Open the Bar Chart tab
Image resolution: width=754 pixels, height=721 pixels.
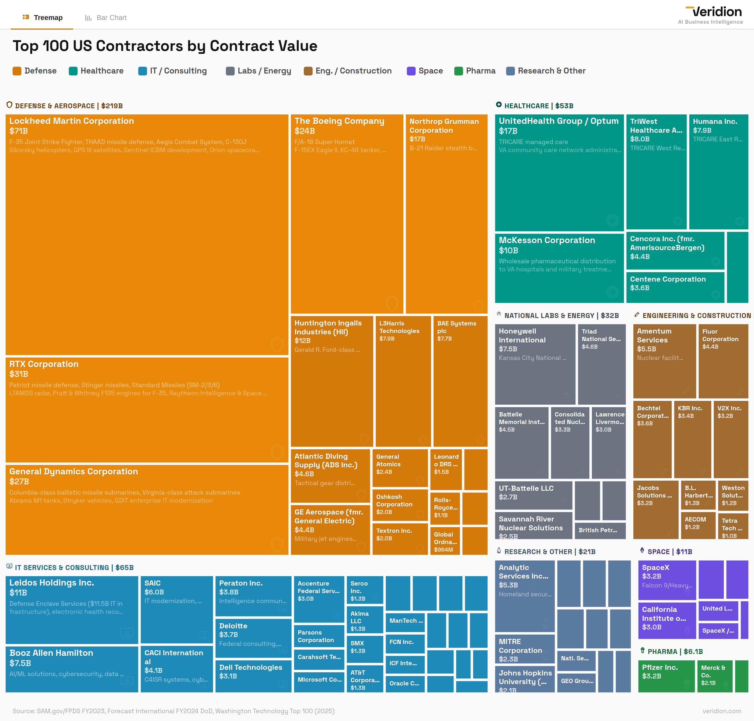(x=106, y=18)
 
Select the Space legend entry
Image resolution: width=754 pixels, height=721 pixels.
(x=425, y=71)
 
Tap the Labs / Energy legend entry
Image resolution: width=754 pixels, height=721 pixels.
(x=259, y=71)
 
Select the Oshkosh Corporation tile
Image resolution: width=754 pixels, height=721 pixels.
(x=400, y=505)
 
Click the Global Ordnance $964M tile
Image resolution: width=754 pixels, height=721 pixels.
(x=445, y=541)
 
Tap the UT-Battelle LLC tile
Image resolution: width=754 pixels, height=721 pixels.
(x=533, y=495)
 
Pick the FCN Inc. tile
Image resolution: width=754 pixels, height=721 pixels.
(x=405, y=644)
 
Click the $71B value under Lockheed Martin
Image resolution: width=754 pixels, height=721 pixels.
(x=19, y=131)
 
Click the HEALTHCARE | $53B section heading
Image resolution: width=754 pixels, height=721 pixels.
(x=538, y=106)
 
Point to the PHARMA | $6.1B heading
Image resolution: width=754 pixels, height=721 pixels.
(x=675, y=652)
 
